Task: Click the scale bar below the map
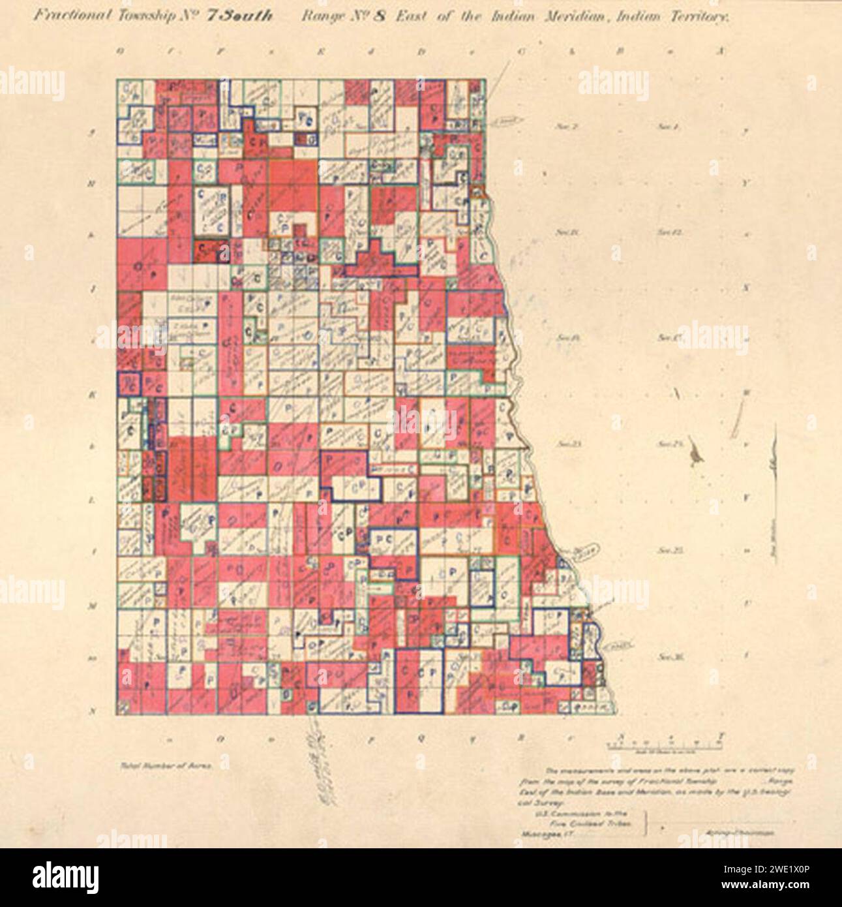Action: pyautogui.click(x=665, y=743)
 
